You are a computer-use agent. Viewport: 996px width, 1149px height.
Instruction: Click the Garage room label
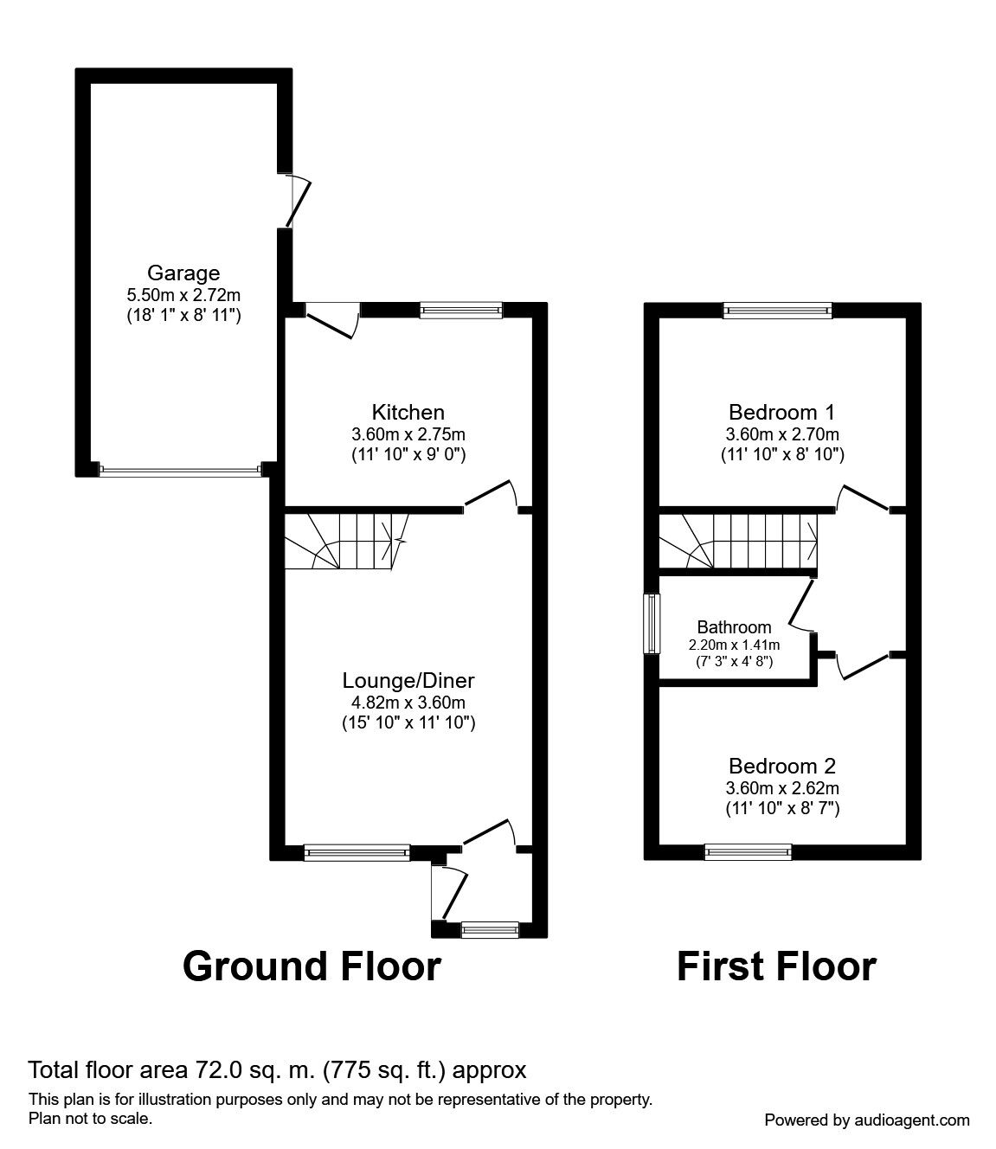(183, 274)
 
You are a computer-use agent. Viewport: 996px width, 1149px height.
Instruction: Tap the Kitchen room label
(408, 412)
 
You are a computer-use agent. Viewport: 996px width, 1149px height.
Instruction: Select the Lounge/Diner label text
(408, 680)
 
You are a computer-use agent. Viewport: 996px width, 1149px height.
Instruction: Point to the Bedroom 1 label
(782, 412)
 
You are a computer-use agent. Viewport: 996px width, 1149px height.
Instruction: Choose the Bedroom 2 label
(782, 766)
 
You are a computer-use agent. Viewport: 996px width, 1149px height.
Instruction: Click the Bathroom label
(734, 627)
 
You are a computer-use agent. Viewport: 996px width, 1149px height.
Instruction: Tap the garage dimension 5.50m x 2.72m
(183, 296)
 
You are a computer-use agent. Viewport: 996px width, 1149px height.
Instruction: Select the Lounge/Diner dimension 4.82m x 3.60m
(408, 703)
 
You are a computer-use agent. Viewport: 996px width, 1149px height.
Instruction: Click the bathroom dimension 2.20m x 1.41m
(734, 645)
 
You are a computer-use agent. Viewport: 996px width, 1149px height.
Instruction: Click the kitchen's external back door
(333, 318)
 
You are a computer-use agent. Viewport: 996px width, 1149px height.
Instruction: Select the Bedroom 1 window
(777, 311)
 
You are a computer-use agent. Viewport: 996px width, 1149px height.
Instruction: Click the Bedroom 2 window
(749, 851)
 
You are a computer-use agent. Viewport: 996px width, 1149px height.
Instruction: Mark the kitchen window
(460, 310)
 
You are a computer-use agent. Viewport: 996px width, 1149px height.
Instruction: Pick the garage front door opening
(180, 472)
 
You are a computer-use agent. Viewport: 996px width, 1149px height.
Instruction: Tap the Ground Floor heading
(312, 966)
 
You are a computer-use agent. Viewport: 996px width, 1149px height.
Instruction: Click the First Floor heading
(776, 966)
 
